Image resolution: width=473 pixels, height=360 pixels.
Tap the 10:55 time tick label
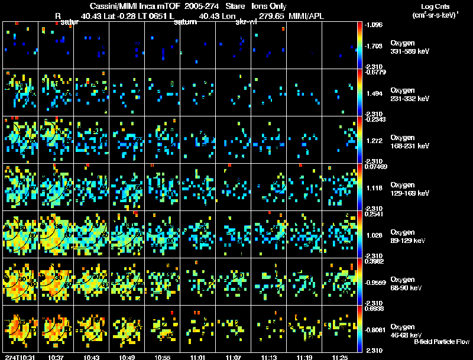click(162, 357)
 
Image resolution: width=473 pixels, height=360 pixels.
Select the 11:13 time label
click(268, 357)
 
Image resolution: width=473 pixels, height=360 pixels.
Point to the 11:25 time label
click(339, 357)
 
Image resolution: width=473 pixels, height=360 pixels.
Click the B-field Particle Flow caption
click(441, 342)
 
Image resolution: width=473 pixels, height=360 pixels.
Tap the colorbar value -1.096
click(374, 25)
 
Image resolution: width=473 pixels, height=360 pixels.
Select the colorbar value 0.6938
click(374, 309)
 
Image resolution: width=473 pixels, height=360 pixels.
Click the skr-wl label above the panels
click(245, 22)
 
